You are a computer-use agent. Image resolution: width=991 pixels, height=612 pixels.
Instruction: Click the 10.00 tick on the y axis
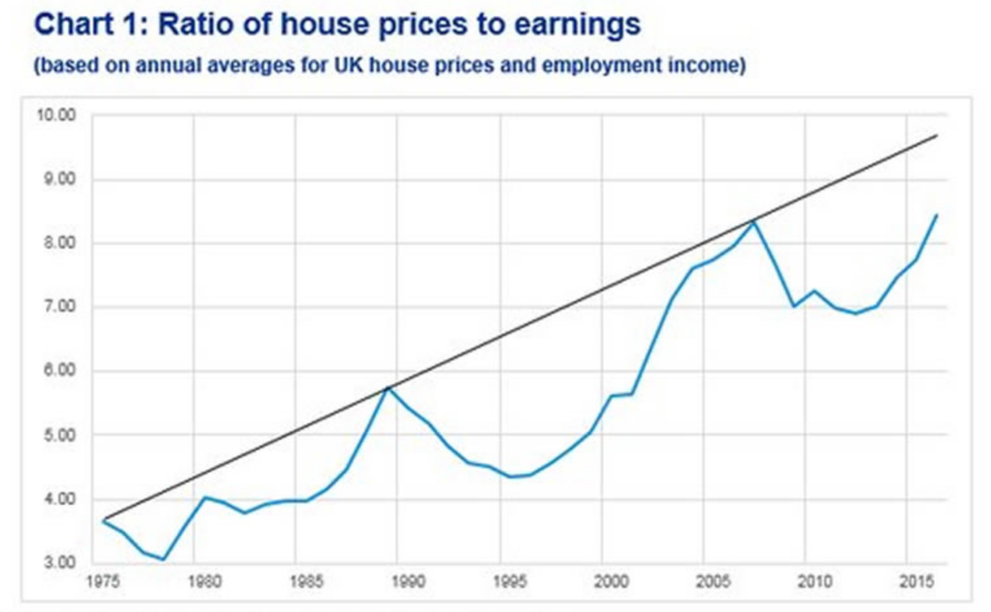[56, 115]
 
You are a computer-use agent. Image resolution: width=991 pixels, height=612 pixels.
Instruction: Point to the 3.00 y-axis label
[58, 563]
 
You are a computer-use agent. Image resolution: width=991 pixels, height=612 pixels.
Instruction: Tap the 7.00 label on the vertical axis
[58, 306]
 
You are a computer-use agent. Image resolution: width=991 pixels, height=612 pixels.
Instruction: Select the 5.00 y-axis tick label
[58, 435]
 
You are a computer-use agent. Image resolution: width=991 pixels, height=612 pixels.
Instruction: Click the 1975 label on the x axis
[103, 581]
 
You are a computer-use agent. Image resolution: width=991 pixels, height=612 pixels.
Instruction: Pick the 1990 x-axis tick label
[408, 581]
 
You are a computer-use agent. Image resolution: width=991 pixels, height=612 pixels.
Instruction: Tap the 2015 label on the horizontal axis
[916, 581]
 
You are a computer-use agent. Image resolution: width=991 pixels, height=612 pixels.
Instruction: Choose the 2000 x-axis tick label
[611, 581]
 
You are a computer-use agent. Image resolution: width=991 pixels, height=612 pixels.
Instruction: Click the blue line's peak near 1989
[388, 389]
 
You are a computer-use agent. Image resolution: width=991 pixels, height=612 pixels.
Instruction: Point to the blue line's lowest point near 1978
[164, 559]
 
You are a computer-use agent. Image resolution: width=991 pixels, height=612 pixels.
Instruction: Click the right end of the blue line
[936, 215]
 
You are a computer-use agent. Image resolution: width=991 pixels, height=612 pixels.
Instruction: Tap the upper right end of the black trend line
[936, 135]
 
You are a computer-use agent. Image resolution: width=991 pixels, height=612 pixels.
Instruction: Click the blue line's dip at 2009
[794, 306]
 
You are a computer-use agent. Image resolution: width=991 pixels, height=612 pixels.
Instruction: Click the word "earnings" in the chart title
[577, 25]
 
